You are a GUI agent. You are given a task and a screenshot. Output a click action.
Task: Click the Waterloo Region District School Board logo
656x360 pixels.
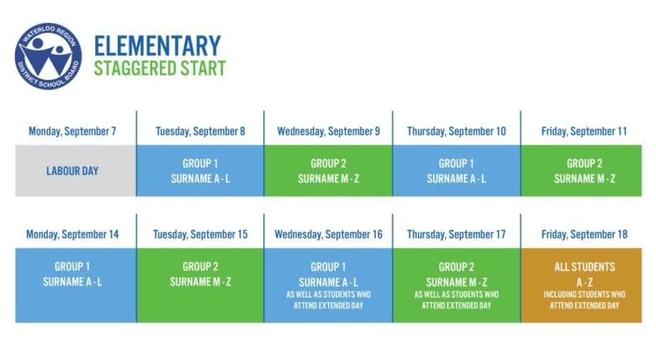point(48,56)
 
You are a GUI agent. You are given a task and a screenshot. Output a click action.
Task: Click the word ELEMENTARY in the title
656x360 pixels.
point(157,46)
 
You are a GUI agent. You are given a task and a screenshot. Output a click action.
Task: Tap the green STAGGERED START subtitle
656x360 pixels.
point(160,68)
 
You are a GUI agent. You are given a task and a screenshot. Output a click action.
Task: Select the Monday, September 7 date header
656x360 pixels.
point(72,131)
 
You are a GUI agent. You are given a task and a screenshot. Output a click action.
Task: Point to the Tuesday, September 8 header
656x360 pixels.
point(200,131)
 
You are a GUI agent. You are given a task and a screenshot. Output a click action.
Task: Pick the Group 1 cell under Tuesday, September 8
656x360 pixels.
point(200,171)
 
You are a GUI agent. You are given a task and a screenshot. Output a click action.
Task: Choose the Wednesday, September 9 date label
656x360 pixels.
point(328,131)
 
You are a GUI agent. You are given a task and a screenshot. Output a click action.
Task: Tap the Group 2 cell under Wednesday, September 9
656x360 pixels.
point(328,171)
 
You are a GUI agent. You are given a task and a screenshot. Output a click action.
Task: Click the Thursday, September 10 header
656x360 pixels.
point(457,131)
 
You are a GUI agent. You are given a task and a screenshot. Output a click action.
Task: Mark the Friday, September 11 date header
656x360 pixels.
point(585,131)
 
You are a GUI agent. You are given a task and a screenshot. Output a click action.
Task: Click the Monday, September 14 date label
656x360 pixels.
point(72,235)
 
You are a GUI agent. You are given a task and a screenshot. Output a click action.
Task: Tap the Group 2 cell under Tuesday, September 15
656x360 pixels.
point(200,285)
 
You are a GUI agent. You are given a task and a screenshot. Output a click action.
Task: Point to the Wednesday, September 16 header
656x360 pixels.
point(328,235)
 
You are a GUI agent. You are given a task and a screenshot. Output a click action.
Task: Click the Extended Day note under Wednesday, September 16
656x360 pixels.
point(328,300)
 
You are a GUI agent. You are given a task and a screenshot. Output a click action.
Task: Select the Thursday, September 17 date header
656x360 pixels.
point(457,235)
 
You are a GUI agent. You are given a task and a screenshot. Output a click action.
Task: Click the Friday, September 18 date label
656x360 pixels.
point(585,235)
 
